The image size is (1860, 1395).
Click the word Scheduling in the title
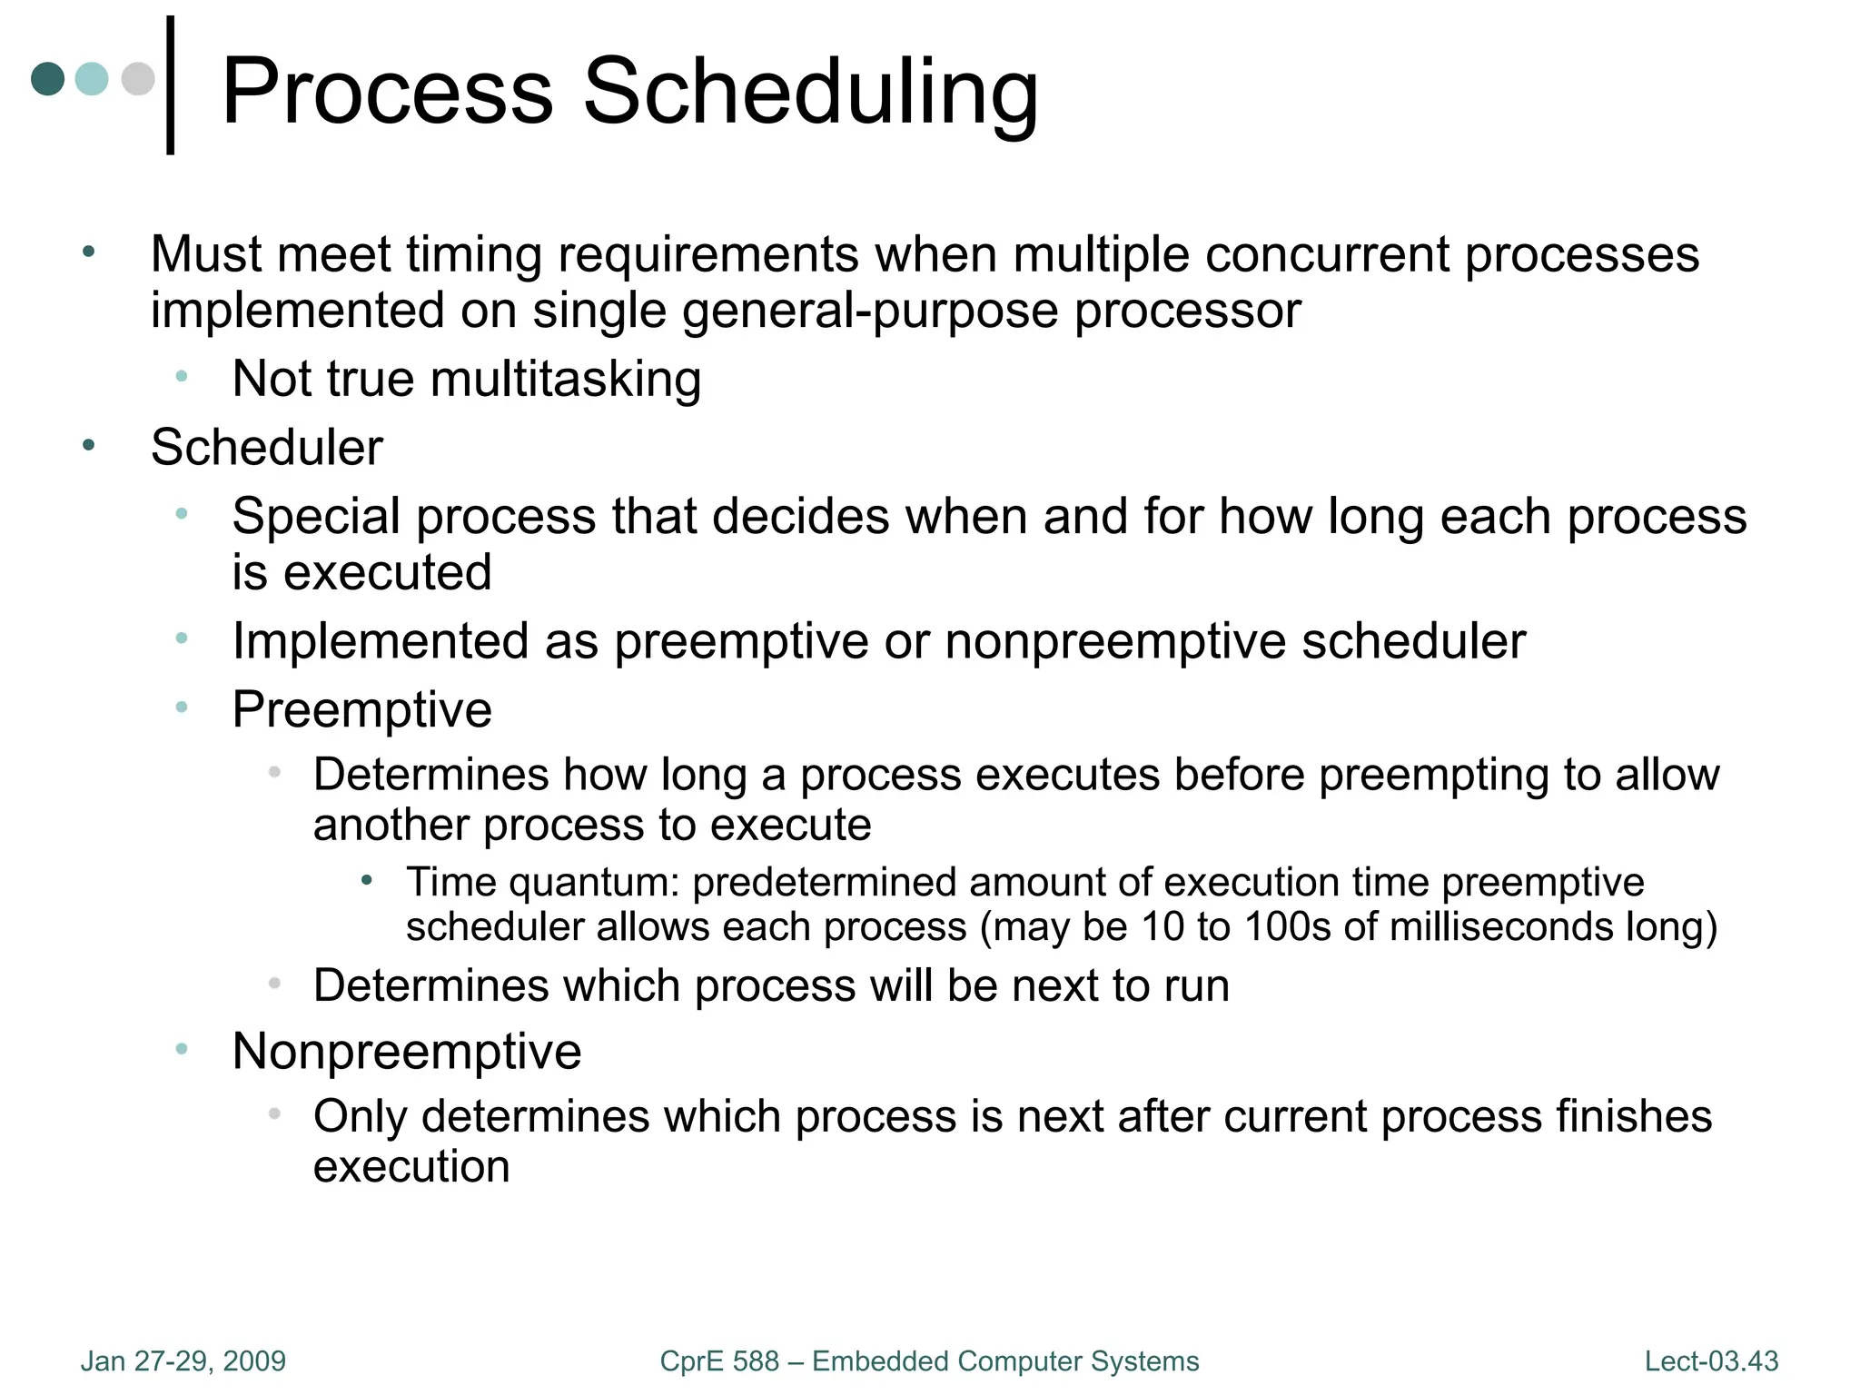tap(810, 92)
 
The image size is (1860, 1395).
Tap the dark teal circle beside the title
tap(47, 79)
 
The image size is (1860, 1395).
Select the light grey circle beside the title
tap(138, 79)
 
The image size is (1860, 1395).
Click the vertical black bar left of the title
tap(170, 85)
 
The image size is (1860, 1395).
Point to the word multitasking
tap(566, 379)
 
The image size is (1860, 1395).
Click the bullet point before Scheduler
tap(88, 445)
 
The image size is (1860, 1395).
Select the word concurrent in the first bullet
tap(1326, 254)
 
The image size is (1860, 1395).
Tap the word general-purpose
tap(870, 312)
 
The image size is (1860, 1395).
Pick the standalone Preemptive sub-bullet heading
tap(361, 709)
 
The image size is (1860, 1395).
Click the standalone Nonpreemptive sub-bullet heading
tap(406, 1052)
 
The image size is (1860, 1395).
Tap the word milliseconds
tap(1499, 927)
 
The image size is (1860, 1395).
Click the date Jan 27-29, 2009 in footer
tap(183, 1361)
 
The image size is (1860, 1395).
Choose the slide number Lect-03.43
tap(1711, 1361)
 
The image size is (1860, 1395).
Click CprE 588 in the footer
tap(719, 1361)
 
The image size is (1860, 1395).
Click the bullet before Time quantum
tap(367, 880)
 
